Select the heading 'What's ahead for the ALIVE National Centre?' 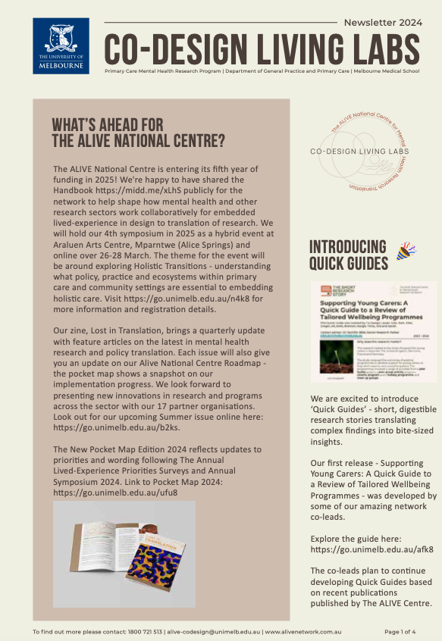(x=138, y=133)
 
